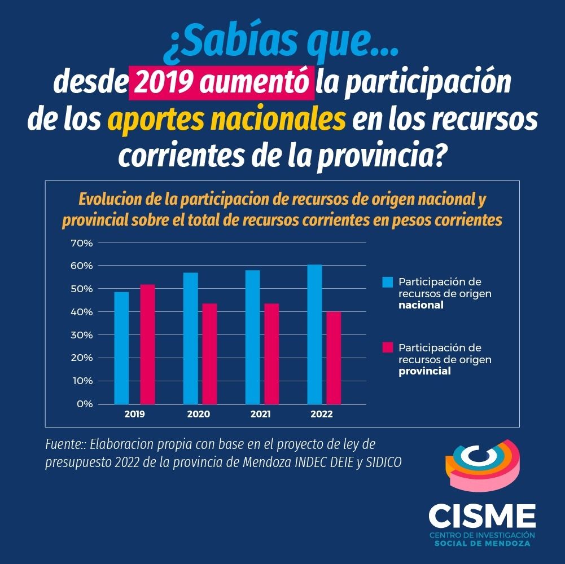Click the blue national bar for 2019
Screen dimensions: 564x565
tap(121, 347)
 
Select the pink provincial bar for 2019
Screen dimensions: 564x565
tap(147, 344)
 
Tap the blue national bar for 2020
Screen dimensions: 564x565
tap(191, 338)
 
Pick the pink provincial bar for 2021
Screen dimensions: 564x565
tap(271, 354)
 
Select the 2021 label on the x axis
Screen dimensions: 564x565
tap(260, 415)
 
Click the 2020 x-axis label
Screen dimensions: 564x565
tap(198, 415)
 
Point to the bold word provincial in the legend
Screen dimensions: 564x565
tap(424, 371)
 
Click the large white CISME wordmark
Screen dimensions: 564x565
tap(481, 515)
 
